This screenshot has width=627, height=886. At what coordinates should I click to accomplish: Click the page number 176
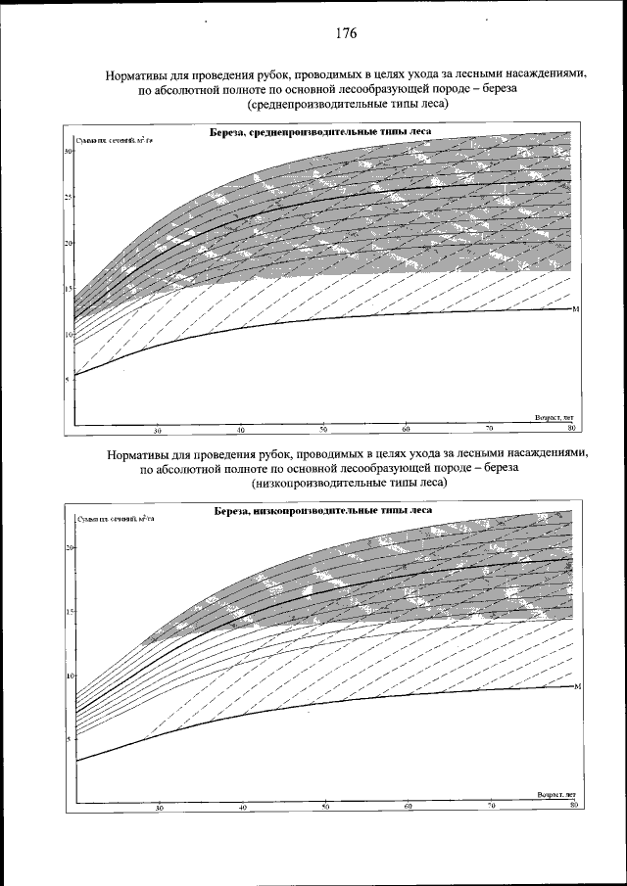(346, 32)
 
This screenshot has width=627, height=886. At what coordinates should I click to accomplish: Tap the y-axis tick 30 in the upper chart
(70, 152)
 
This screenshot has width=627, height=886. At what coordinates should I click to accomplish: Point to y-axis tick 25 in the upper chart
(70, 198)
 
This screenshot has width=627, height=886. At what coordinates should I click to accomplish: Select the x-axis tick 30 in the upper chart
(157, 430)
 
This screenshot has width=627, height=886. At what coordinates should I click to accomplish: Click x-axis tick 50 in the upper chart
(323, 430)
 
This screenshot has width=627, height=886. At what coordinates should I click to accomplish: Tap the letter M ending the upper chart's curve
(576, 310)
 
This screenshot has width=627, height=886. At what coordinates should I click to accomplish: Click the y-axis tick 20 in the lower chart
(70, 547)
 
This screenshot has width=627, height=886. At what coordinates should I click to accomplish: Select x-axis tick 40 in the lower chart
(242, 807)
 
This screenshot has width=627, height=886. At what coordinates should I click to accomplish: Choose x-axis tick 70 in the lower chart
(492, 807)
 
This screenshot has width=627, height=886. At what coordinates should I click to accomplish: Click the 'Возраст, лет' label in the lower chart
(555, 796)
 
